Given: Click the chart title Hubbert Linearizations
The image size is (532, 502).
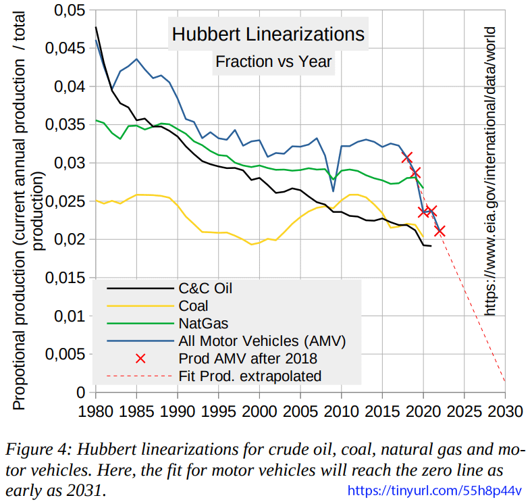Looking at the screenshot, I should (267, 34).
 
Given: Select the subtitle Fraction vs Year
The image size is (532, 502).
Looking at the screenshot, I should (273, 61).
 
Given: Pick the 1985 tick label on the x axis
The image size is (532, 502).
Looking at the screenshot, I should (137, 411).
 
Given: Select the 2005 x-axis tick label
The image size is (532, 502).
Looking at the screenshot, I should (300, 411).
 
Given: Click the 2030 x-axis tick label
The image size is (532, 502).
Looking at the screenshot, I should (505, 411).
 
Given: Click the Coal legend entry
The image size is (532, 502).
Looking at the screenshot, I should (194, 306).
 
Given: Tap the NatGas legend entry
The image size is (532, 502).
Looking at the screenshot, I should (202, 324).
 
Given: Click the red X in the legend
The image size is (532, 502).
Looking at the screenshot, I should (140, 358).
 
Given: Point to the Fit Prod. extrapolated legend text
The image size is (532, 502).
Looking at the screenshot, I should (250, 376).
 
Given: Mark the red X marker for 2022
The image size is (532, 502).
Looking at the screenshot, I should (440, 231).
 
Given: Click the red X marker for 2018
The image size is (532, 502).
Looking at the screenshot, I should (407, 157).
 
